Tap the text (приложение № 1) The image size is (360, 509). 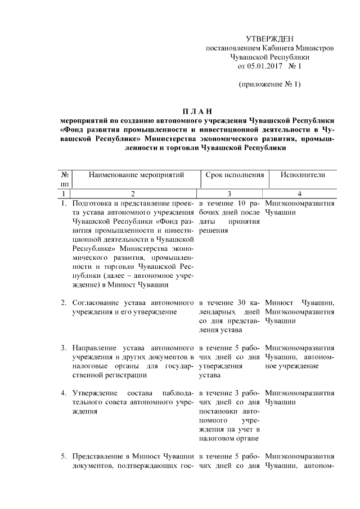click(269, 85)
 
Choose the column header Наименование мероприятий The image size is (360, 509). click(136, 175)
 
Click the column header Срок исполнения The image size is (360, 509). click(235, 175)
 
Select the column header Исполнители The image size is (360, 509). click(303, 175)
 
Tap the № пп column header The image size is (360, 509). click(65, 179)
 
